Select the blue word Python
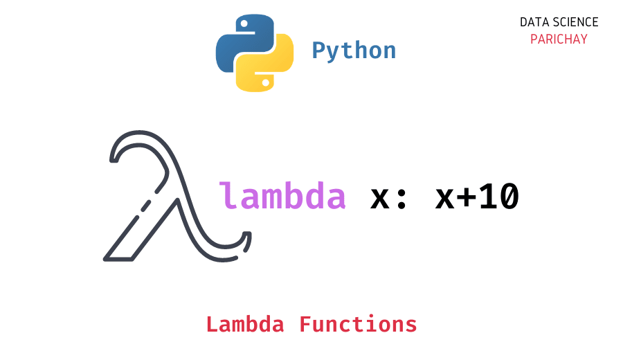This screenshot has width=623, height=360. click(x=354, y=51)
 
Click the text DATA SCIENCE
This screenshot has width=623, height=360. click(x=559, y=22)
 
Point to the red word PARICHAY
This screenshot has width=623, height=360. click(x=559, y=39)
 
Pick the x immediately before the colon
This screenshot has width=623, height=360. click(x=381, y=199)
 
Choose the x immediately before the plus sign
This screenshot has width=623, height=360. click(x=445, y=199)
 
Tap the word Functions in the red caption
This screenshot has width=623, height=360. click(x=358, y=324)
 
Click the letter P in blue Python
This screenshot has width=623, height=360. click(x=319, y=51)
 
